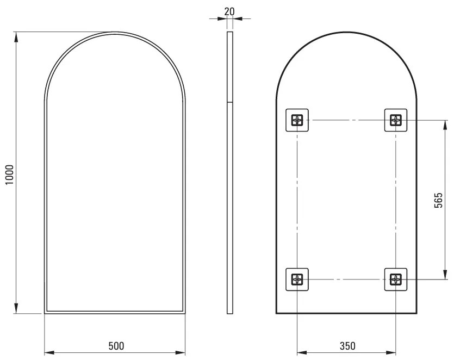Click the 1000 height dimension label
pos(9,175)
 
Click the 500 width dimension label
pos(116,346)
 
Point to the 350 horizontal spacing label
pos(347,346)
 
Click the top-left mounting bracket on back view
pos(297,120)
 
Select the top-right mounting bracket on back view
pos(395,120)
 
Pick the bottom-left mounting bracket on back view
pos(297,280)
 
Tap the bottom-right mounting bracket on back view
pos(395,280)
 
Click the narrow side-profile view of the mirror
pos(229,173)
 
